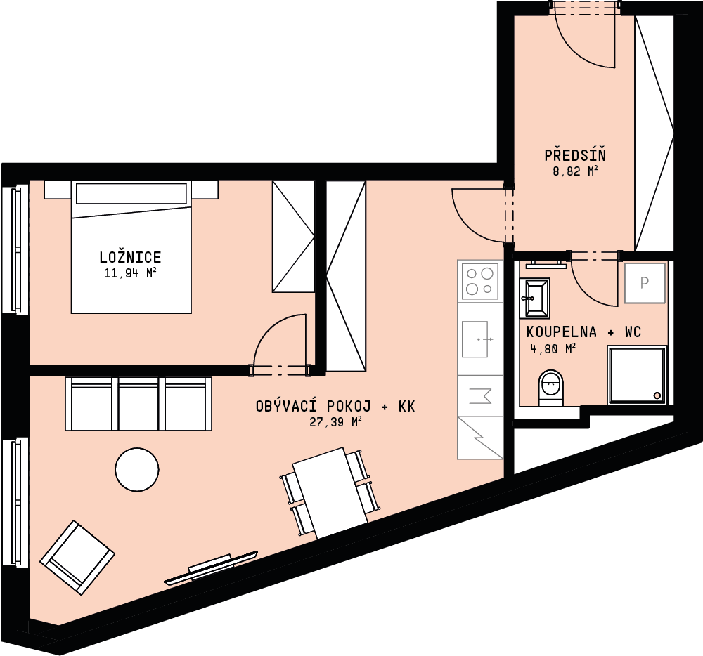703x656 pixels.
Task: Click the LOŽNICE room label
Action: click(x=130, y=257)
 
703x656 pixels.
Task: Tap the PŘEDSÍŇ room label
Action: click(x=575, y=155)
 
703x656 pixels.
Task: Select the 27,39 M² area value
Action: click(x=335, y=422)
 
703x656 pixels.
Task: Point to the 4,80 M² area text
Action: click(x=553, y=348)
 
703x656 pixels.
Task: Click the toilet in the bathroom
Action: click(x=550, y=388)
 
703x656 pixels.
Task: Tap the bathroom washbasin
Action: click(x=534, y=297)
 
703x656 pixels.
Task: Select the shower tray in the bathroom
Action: click(x=637, y=375)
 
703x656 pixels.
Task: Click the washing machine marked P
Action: click(x=644, y=283)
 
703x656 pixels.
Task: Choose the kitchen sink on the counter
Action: click(x=475, y=339)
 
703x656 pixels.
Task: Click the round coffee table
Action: click(x=137, y=470)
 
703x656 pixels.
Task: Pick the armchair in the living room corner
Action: click(x=77, y=557)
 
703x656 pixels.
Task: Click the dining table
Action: click(x=330, y=492)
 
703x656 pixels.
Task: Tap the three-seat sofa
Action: click(x=138, y=403)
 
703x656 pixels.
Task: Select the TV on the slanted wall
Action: click(x=211, y=568)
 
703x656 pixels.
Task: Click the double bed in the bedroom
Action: click(x=131, y=247)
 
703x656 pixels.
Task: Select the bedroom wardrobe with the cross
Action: click(x=293, y=237)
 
